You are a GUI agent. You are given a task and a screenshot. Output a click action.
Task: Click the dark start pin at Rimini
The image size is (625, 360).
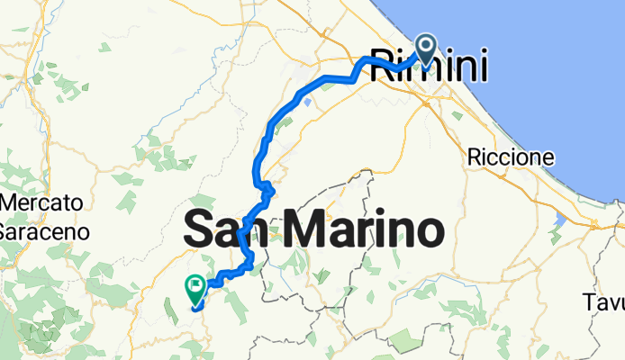pos(425,50)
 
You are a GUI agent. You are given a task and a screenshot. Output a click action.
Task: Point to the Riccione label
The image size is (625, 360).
pos(511,157)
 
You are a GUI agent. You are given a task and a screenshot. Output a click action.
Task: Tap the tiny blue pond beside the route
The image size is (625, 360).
pos(308,102)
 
